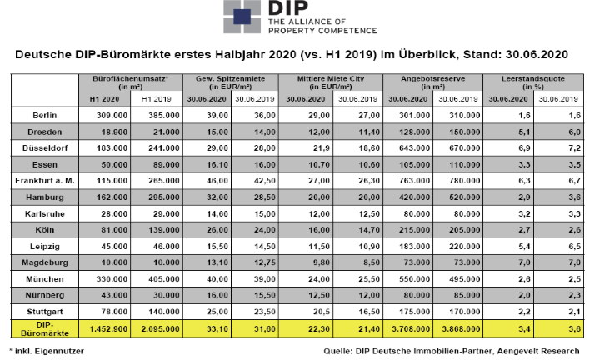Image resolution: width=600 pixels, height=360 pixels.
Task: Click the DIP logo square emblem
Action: tap(242, 16)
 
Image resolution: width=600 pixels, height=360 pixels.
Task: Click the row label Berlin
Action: tap(45, 115)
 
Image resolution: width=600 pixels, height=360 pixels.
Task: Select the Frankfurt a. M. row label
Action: tap(45, 181)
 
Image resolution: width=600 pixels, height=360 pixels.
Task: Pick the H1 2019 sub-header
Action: tap(156, 99)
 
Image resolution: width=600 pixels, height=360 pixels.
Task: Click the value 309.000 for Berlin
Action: tap(112, 115)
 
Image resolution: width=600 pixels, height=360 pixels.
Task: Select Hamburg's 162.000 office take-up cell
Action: tap(112, 197)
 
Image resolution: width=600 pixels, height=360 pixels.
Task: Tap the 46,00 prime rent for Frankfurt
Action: tap(217, 181)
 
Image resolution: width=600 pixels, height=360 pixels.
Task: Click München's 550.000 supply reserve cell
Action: tap(414, 279)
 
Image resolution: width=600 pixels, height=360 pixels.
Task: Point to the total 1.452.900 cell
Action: tap(108, 328)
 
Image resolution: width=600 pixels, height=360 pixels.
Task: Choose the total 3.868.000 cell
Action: tap(461, 328)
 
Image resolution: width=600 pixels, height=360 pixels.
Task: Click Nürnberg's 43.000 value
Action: tap(114, 295)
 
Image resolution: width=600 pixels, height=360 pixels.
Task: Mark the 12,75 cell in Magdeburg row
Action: tap(265, 262)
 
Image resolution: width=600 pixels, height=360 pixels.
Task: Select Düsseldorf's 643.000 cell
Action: tap(414, 148)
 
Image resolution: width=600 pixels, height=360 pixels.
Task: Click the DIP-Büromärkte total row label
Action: tap(45, 328)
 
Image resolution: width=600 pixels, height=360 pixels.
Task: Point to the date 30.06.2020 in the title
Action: tap(537, 54)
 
